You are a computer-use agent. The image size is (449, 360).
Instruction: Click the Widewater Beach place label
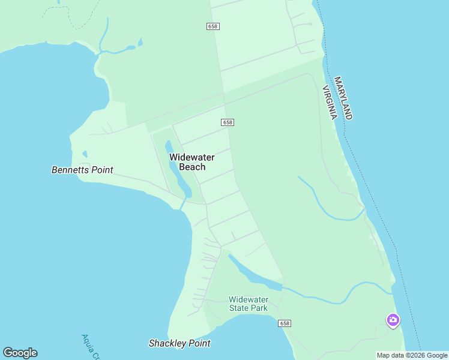(191, 162)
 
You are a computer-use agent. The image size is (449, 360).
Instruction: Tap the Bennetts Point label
(82, 170)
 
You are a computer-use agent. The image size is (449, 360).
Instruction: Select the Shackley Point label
(179, 343)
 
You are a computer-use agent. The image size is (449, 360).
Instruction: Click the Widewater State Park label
(249, 304)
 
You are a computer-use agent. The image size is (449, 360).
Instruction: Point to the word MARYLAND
(343, 98)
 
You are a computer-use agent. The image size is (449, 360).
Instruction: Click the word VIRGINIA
(330, 103)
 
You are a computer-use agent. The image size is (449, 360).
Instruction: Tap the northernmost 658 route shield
(212, 26)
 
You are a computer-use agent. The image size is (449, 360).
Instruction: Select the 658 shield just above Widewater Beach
(227, 122)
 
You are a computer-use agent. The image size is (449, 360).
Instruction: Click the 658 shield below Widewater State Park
(285, 323)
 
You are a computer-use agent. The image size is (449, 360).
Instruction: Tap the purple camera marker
(393, 320)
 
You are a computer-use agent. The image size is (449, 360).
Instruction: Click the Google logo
(20, 353)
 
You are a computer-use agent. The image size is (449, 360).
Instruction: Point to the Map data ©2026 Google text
(412, 355)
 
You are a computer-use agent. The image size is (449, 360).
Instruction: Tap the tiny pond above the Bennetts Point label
(85, 154)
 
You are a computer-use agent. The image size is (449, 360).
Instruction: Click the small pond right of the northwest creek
(140, 43)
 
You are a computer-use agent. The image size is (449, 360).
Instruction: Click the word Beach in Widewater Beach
(192, 167)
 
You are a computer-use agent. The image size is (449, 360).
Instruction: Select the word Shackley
(169, 343)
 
